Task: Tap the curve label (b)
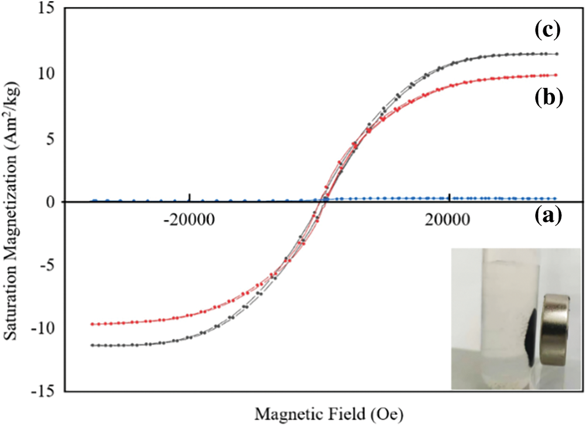click(x=549, y=97)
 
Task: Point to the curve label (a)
click(x=549, y=217)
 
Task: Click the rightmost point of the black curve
click(x=556, y=54)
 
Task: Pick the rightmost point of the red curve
click(x=556, y=75)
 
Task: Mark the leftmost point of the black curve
click(x=92, y=345)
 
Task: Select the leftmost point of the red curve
click(x=92, y=324)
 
